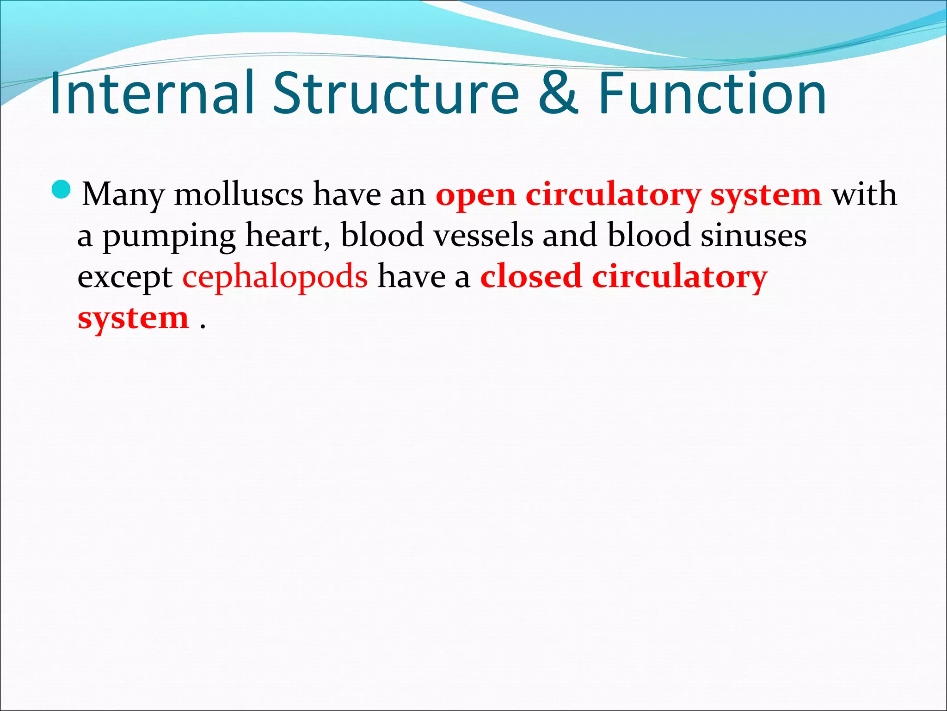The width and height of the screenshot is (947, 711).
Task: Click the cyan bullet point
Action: coord(61,189)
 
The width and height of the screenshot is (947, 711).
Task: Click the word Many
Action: coord(123,194)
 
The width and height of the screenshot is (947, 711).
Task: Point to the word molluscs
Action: coord(239,194)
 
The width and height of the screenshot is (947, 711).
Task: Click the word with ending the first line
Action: coord(864,194)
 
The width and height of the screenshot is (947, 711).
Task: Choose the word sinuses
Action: coord(754,235)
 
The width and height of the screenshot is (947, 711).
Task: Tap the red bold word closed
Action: coord(530,277)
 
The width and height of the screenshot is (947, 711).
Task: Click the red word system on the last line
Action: coord(133,318)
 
